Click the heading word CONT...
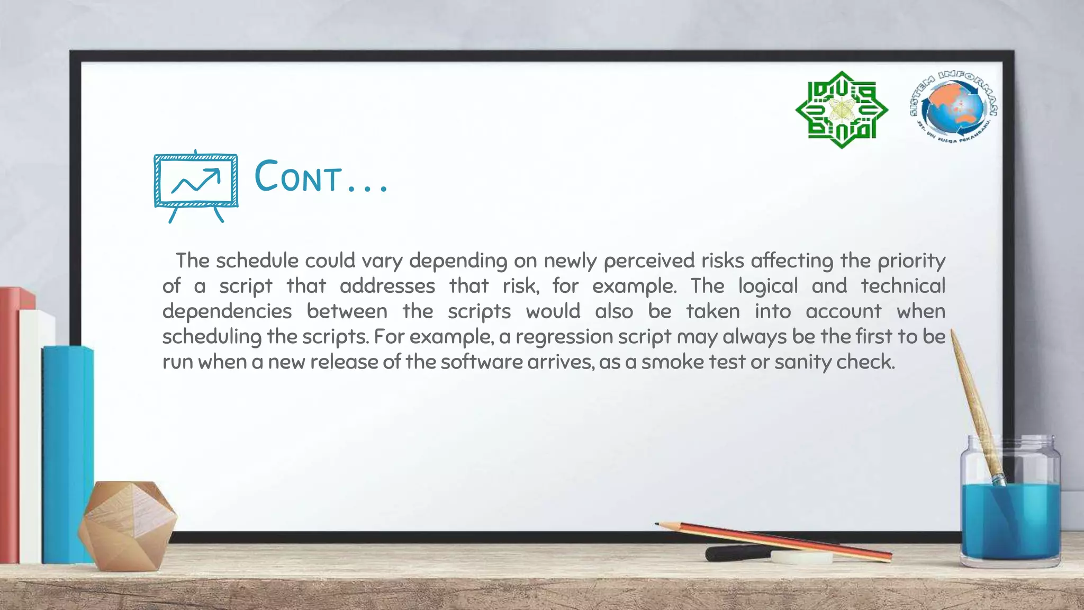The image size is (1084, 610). coord(299,177)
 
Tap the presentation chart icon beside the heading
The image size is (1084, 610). coord(196,185)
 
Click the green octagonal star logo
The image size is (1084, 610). coord(842,110)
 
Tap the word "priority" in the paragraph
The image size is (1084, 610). coord(911,261)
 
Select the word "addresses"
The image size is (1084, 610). coord(387,286)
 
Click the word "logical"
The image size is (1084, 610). coord(768,286)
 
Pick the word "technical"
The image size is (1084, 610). coord(903,286)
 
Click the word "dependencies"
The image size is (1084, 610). coord(227,312)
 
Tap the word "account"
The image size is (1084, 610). coord(844,311)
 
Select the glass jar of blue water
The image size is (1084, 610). coord(1010,503)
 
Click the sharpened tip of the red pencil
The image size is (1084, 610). coord(658,524)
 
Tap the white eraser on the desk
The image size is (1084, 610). coord(801,557)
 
